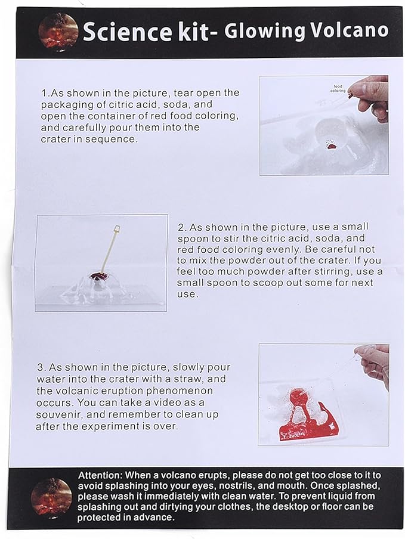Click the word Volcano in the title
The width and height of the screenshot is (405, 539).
[x=350, y=30]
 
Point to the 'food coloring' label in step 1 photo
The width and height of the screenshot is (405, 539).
[x=338, y=88]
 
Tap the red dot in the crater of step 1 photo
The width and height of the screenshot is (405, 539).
[x=332, y=147]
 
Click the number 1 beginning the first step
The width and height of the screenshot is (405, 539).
[x=44, y=93]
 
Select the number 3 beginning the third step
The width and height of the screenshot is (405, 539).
[x=41, y=367]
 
